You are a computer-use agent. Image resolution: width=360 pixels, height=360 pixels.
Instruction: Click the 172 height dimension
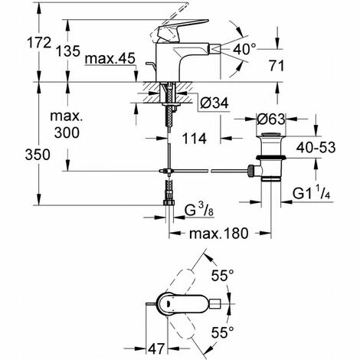pyautogui.click(x=39, y=43)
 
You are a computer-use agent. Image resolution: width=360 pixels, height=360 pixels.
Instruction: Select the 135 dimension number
pyautogui.click(x=68, y=51)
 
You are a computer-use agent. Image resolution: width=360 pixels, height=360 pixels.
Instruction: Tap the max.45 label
pyautogui.click(x=110, y=59)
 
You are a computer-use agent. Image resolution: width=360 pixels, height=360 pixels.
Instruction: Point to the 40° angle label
pyautogui.click(x=244, y=49)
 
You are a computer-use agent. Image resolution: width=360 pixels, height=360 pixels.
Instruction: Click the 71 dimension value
pyautogui.click(x=277, y=66)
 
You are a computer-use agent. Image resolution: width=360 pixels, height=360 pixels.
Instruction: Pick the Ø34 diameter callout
pyautogui.click(x=214, y=103)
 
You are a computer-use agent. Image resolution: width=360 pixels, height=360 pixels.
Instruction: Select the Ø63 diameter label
pyautogui.click(x=271, y=119)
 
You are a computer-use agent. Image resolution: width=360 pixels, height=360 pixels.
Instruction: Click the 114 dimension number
pyautogui.click(x=195, y=139)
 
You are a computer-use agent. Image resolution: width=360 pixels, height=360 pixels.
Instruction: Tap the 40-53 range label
pyautogui.click(x=316, y=147)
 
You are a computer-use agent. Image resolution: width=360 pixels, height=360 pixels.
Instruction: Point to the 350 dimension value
pyautogui.click(x=38, y=155)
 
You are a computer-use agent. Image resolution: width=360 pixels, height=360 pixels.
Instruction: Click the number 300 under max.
pyautogui.click(x=67, y=133)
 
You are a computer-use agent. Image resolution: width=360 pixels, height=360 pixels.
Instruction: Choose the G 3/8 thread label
pyautogui.click(x=199, y=210)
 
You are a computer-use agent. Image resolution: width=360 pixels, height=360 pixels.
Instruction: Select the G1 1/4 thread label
pyautogui.click(x=312, y=193)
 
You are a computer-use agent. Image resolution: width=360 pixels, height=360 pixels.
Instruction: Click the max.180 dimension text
pyautogui.click(x=218, y=234)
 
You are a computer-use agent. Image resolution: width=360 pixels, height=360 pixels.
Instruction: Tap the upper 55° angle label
pyautogui.click(x=222, y=276)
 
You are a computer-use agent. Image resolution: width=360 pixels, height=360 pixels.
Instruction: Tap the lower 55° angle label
pyautogui.click(x=222, y=332)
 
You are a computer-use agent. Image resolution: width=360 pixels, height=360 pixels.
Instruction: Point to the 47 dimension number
pyautogui.click(x=156, y=349)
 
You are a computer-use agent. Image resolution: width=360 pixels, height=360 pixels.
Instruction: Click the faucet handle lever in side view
pyautogui.click(x=183, y=28)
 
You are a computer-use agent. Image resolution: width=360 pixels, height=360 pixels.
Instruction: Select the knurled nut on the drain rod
pyautogui.click(x=250, y=171)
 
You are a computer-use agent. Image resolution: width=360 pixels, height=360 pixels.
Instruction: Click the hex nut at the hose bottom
pyautogui.click(x=169, y=202)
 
